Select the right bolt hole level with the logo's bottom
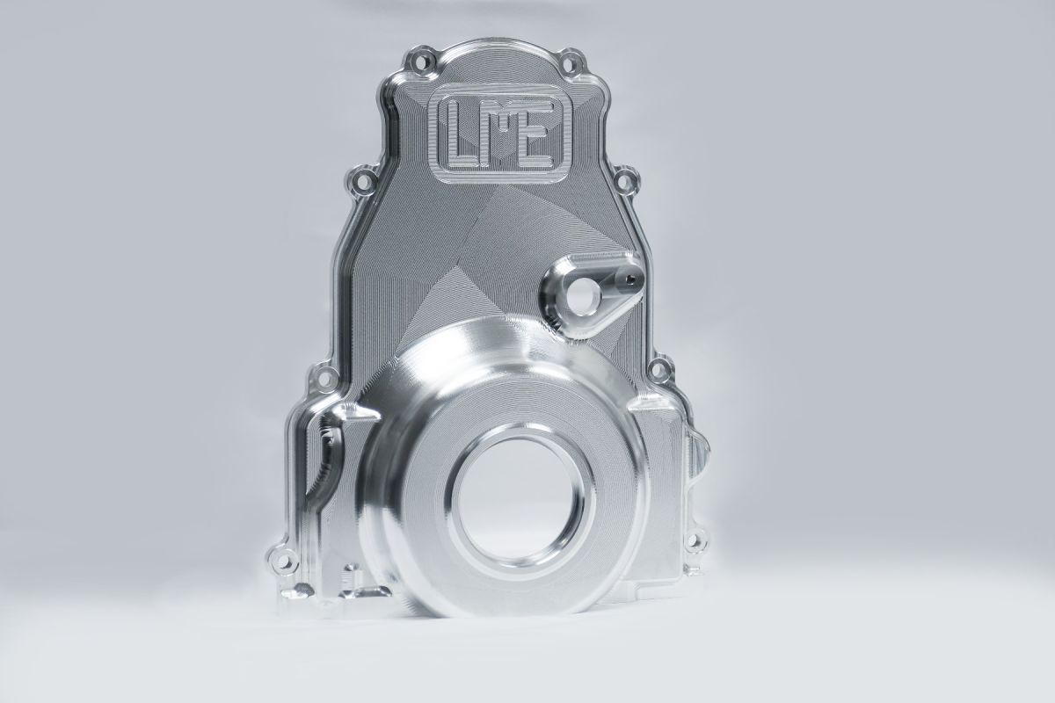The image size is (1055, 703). coord(626,179)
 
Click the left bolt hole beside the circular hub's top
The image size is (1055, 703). coord(324,376)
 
